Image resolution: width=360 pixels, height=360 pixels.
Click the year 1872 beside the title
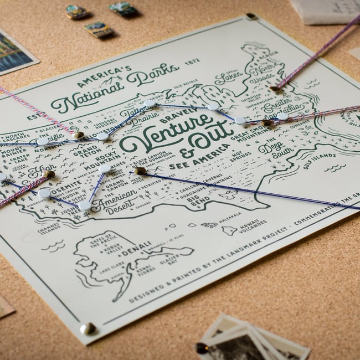pos(192,62)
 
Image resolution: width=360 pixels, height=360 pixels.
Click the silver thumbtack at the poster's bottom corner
pos(87,328)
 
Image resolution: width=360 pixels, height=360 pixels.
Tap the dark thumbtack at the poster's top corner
pos(251,17)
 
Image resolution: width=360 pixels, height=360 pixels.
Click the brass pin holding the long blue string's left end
pos(140,171)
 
